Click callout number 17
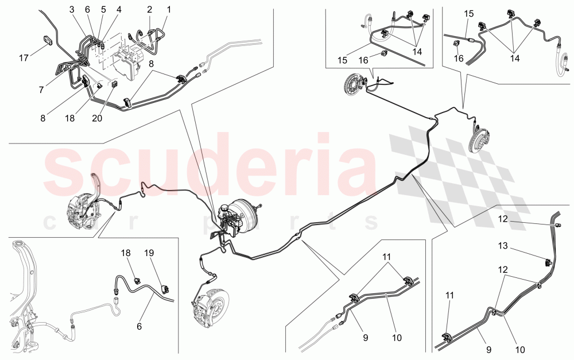coord(23,58)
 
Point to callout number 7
coord(41,90)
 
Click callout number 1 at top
coord(169,9)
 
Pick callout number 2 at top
coord(149,9)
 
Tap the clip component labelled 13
coord(548,263)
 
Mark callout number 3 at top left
coord(72,9)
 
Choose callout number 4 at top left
coord(119,9)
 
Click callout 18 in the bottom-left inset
coord(126,253)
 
